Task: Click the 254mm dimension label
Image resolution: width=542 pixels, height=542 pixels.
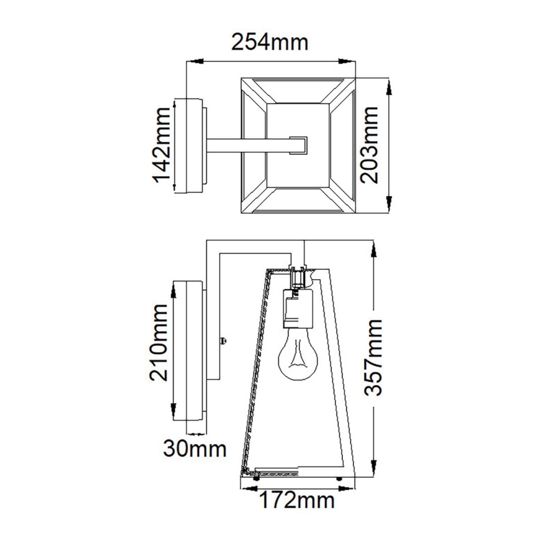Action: [x=270, y=42]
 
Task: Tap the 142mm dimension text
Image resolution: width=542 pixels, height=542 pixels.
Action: [x=163, y=145]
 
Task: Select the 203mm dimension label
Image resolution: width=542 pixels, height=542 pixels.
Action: [x=371, y=145]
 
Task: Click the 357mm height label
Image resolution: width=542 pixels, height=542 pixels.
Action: [x=373, y=358]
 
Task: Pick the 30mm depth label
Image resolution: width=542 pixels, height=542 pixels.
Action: [x=194, y=448]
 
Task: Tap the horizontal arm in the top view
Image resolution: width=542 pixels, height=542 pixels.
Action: [x=250, y=145]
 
